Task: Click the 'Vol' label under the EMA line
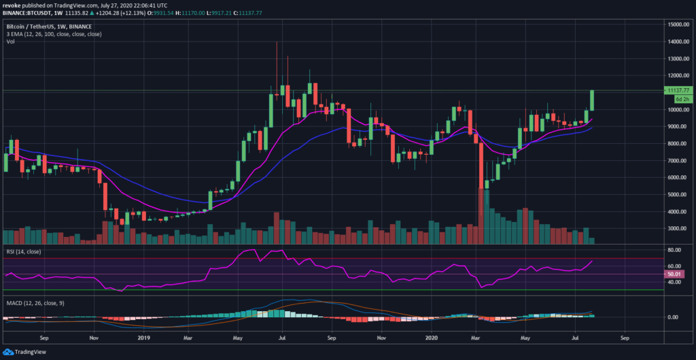(10, 41)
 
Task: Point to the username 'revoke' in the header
(13, 5)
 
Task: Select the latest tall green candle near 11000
(593, 100)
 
